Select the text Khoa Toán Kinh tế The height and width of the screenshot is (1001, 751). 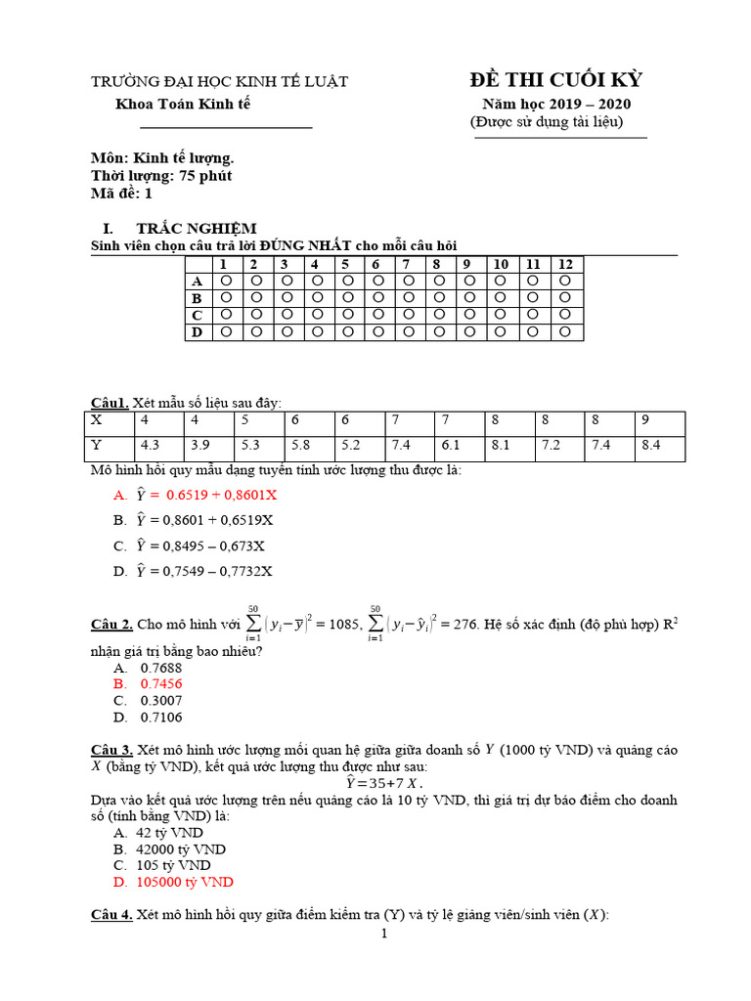183,104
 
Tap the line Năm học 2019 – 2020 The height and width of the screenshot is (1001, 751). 555,104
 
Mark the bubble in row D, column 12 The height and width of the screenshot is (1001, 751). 565,332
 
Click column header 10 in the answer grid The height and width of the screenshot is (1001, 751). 500,265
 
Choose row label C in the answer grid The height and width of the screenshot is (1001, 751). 197,316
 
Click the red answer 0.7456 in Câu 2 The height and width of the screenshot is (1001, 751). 161,684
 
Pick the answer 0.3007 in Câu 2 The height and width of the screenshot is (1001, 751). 161,701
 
